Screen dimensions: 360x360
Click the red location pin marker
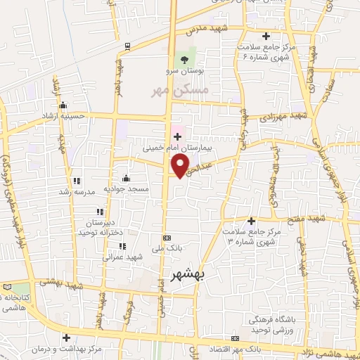click(181, 165)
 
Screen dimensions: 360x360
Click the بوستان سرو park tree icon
click(185, 60)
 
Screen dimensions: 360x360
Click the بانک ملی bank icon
click(166, 238)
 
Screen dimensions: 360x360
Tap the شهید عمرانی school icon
click(123, 246)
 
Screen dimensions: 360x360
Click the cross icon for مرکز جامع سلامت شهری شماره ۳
click(251, 221)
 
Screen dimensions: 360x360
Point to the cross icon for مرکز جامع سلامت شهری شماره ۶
click(266, 36)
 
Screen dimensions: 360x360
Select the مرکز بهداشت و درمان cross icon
click(67, 337)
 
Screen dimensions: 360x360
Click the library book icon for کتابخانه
click(7, 287)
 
